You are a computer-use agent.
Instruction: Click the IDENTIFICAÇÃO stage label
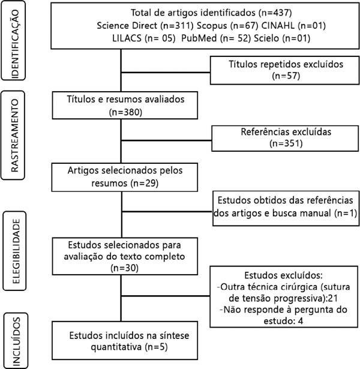[15, 44]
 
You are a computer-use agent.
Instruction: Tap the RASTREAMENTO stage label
[14, 136]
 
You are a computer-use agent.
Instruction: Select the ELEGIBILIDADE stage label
[16, 251]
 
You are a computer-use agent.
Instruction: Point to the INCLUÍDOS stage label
[16, 341]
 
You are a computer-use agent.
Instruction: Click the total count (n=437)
[275, 13]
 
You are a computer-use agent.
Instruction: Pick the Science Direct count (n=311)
[177, 26]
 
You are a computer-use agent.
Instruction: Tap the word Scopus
[212, 26]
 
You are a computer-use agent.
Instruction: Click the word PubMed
[199, 38]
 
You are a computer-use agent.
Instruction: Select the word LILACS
[127, 38]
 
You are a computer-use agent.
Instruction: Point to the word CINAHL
[278, 26]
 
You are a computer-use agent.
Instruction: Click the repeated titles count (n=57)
[286, 76]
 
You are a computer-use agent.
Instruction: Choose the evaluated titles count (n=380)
[125, 112]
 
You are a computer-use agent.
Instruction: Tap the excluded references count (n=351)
[286, 143]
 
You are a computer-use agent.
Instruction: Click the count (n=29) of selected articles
[145, 183]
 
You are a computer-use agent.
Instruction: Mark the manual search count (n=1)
[346, 213]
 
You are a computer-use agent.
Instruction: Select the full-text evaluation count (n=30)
[124, 268]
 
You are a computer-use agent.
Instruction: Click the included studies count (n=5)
[156, 347]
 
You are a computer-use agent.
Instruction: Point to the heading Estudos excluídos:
[284, 275]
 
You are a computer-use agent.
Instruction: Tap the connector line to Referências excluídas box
[166, 140]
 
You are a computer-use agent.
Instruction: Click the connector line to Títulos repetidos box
[166, 72]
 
